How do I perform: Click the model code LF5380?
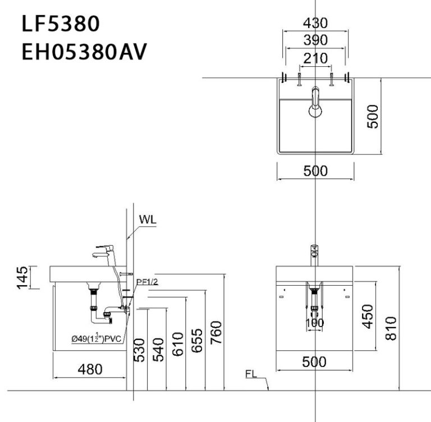[61, 25]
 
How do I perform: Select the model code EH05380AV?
[84, 52]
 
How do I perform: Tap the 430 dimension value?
[315, 23]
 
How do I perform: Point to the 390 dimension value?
[315, 40]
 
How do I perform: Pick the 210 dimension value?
[315, 58]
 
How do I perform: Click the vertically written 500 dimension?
[373, 116]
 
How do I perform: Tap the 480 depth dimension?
[90, 369]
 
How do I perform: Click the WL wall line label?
[148, 219]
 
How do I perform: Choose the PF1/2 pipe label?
[147, 282]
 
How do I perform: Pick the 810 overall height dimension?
[391, 328]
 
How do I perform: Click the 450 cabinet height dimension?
[367, 318]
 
